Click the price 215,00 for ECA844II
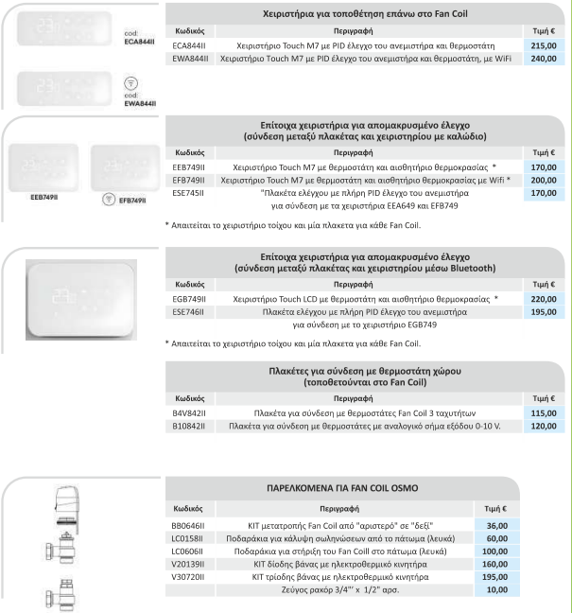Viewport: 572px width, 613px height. (x=542, y=44)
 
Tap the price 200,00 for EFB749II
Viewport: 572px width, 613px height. (x=542, y=180)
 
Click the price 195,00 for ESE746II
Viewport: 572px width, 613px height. (x=542, y=312)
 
